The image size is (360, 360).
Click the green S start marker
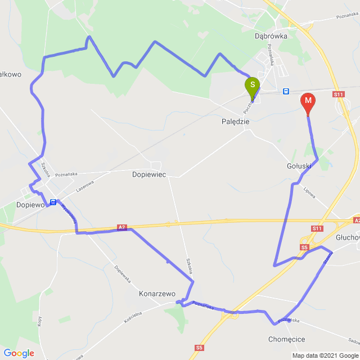(253, 86)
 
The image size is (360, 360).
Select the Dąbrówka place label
(271, 35)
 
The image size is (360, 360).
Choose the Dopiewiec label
(148, 175)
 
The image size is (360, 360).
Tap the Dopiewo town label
(30, 205)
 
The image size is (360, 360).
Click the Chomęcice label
(286, 339)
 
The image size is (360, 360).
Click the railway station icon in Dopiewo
(53, 202)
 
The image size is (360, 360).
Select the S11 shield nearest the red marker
(338, 94)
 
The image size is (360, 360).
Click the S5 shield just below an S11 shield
(304, 247)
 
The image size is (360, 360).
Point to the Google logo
(19, 353)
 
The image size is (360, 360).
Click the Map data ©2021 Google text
(325, 355)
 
